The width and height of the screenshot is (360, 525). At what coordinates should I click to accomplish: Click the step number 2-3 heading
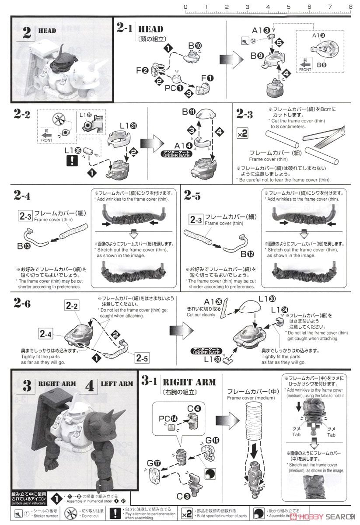pos(245,114)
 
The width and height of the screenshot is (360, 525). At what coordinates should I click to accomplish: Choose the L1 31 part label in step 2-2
pos(128,126)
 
